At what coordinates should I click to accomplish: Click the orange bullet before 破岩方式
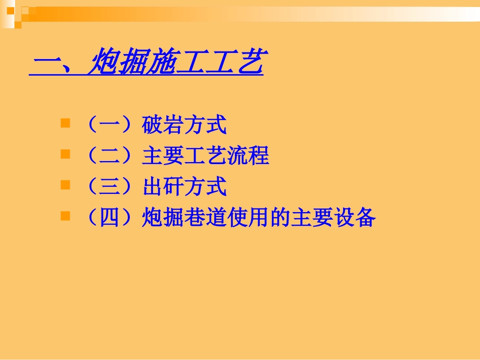pyautogui.click(x=65, y=123)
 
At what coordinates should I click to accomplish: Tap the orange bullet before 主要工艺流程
pyautogui.click(x=65, y=154)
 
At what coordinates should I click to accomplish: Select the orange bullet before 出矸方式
pyautogui.click(x=65, y=185)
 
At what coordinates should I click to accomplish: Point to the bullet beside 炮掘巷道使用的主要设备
pyautogui.click(x=65, y=216)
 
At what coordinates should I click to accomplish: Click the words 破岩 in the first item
pyautogui.click(x=163, y=125)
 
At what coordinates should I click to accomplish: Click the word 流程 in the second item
pyautogui.click(x=248, y=156)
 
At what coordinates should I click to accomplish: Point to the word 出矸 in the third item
pyautogui.click(x=163, y=186)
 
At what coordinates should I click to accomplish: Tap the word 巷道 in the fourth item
pyautogui.click(x=206, y=217)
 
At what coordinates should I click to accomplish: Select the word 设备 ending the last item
pyautogui.click(x=355, y=217)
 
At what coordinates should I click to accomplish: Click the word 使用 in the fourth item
pyautogui.click(x=248, y=217)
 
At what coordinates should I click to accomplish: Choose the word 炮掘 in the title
pyautogui.click(x=119, y=61)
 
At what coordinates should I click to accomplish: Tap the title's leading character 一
pyautogui.click(x=46, y=63)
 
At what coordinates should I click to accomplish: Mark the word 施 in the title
pyautogui.click(x=162, y=61)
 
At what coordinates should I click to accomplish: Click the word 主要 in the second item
pyautogui.click(x=163, y=156)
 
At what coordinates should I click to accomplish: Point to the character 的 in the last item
pyautogui.click(x=280, y=217)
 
